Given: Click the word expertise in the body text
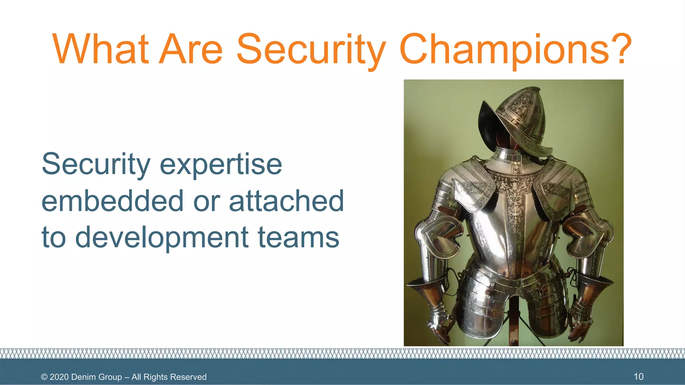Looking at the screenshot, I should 221,164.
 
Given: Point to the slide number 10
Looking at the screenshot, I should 639,377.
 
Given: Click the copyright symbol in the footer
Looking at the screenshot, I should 44,377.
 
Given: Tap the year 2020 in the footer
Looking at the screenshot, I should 59,377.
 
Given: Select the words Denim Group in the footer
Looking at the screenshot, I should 97,377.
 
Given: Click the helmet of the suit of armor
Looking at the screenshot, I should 518,120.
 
